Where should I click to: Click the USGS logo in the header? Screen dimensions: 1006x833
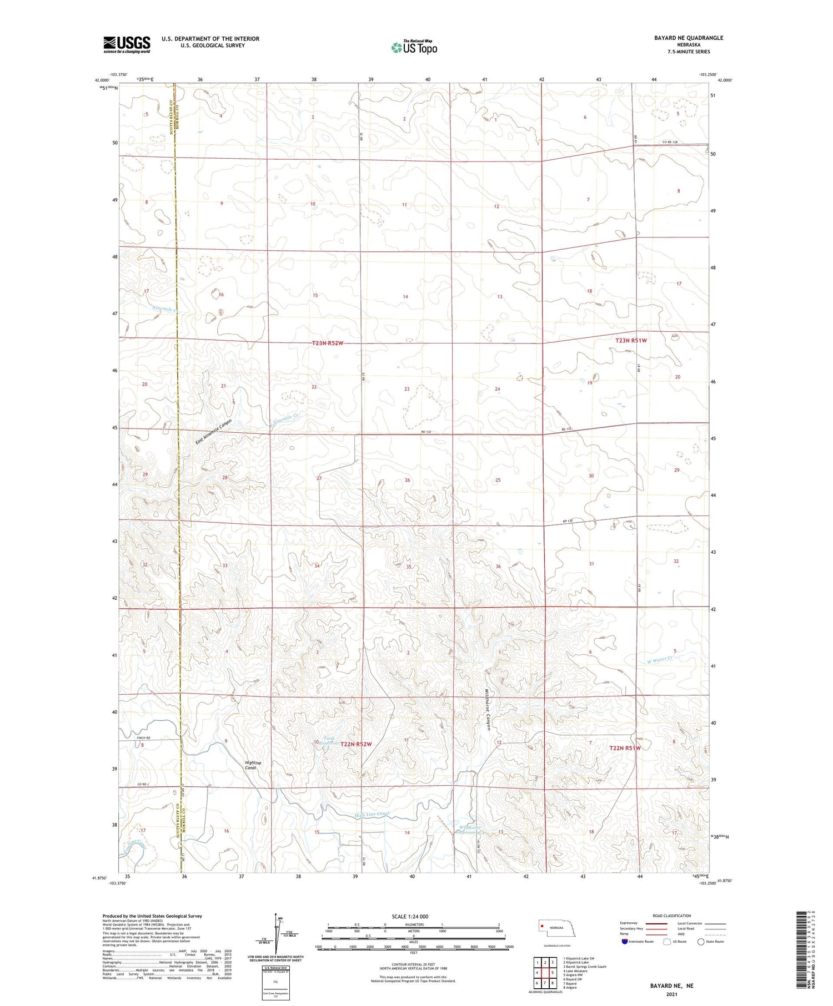pyautogui.click(x=127, y=44)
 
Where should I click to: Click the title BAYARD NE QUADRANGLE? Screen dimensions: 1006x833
pyautogui.click(x=688, y=38)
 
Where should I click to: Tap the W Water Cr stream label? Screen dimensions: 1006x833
pyautogui.click(x=660, y=660)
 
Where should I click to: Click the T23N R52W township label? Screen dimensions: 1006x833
pyautogui.click(x=328, y=343)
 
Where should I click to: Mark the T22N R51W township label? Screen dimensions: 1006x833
pyautogui.click(x=625, y=748)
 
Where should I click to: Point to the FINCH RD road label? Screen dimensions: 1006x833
pyautogui.click(x=143, y=737)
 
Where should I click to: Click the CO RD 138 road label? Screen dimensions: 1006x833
pyautogui.click(x=670, y=142)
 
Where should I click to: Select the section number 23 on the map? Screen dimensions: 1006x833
pyautogui.click(x=407, y=389)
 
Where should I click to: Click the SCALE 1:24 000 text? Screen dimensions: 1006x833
pyautogui.click(x=410, y=916)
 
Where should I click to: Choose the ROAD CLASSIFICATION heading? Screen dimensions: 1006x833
pyautogui.click(x=672, y=916)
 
